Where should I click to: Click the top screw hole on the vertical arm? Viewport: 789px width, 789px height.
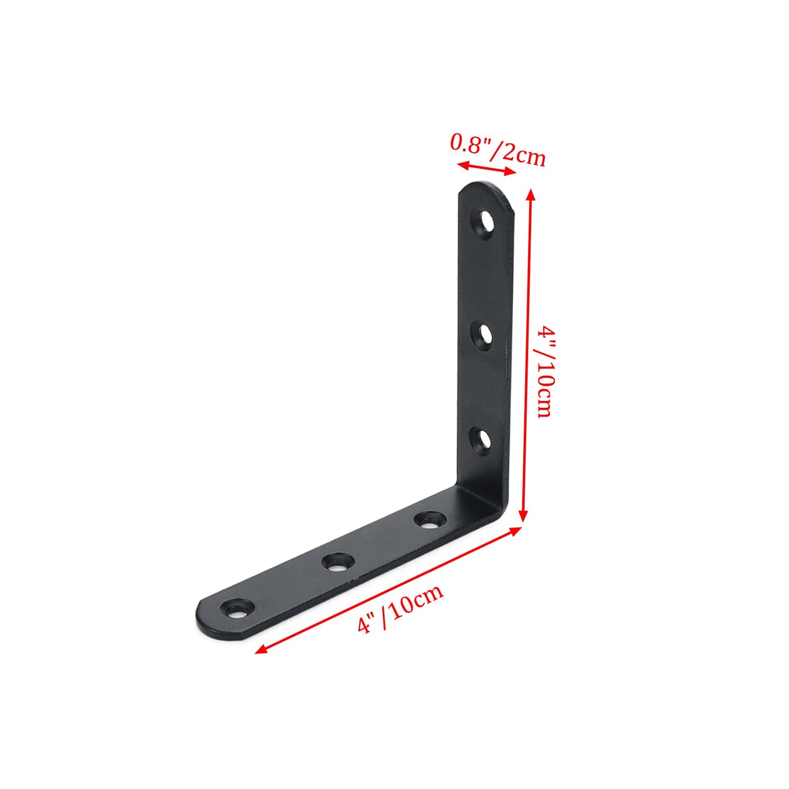point(484,223)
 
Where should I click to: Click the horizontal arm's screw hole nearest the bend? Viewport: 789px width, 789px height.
point(429,520)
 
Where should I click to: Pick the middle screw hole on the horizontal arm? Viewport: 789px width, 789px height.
point(337,562)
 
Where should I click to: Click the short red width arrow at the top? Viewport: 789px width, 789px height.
point(487,169)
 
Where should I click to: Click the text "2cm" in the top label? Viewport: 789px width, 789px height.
point(524,155)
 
